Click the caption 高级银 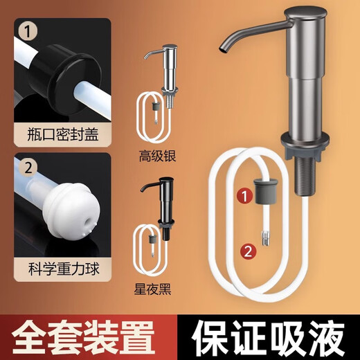pyautogui.click(x=161, y=156)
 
